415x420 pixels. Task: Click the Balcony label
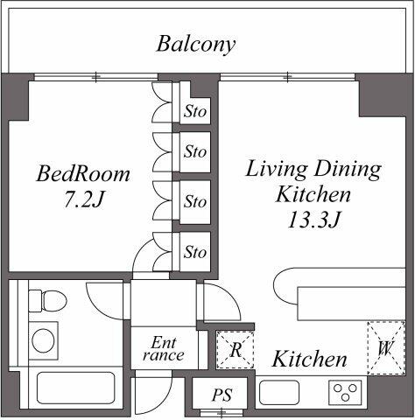[x=196, y=44]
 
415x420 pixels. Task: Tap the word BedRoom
[x=83, y=173]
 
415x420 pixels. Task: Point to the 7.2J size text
[x=83, y=199]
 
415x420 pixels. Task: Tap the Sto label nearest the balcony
[x=195, y=111]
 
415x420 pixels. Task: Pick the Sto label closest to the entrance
[x=195, y=252]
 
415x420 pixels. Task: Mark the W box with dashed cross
[x=385, y=348]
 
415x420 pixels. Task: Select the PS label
[x=222, y=395]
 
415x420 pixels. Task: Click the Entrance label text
[x=163, y=348]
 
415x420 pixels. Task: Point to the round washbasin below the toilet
[x=43, y=339]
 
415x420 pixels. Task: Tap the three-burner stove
[x=346, y=393]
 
